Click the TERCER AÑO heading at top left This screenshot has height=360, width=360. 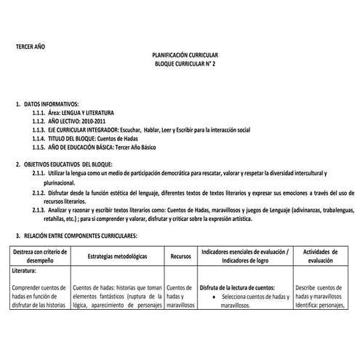[31, 46]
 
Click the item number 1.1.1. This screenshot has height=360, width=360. [41, 113]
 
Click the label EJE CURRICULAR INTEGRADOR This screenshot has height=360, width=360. [89, 130]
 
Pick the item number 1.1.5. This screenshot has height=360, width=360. [41, 147]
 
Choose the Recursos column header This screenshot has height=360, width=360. [180, 257]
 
